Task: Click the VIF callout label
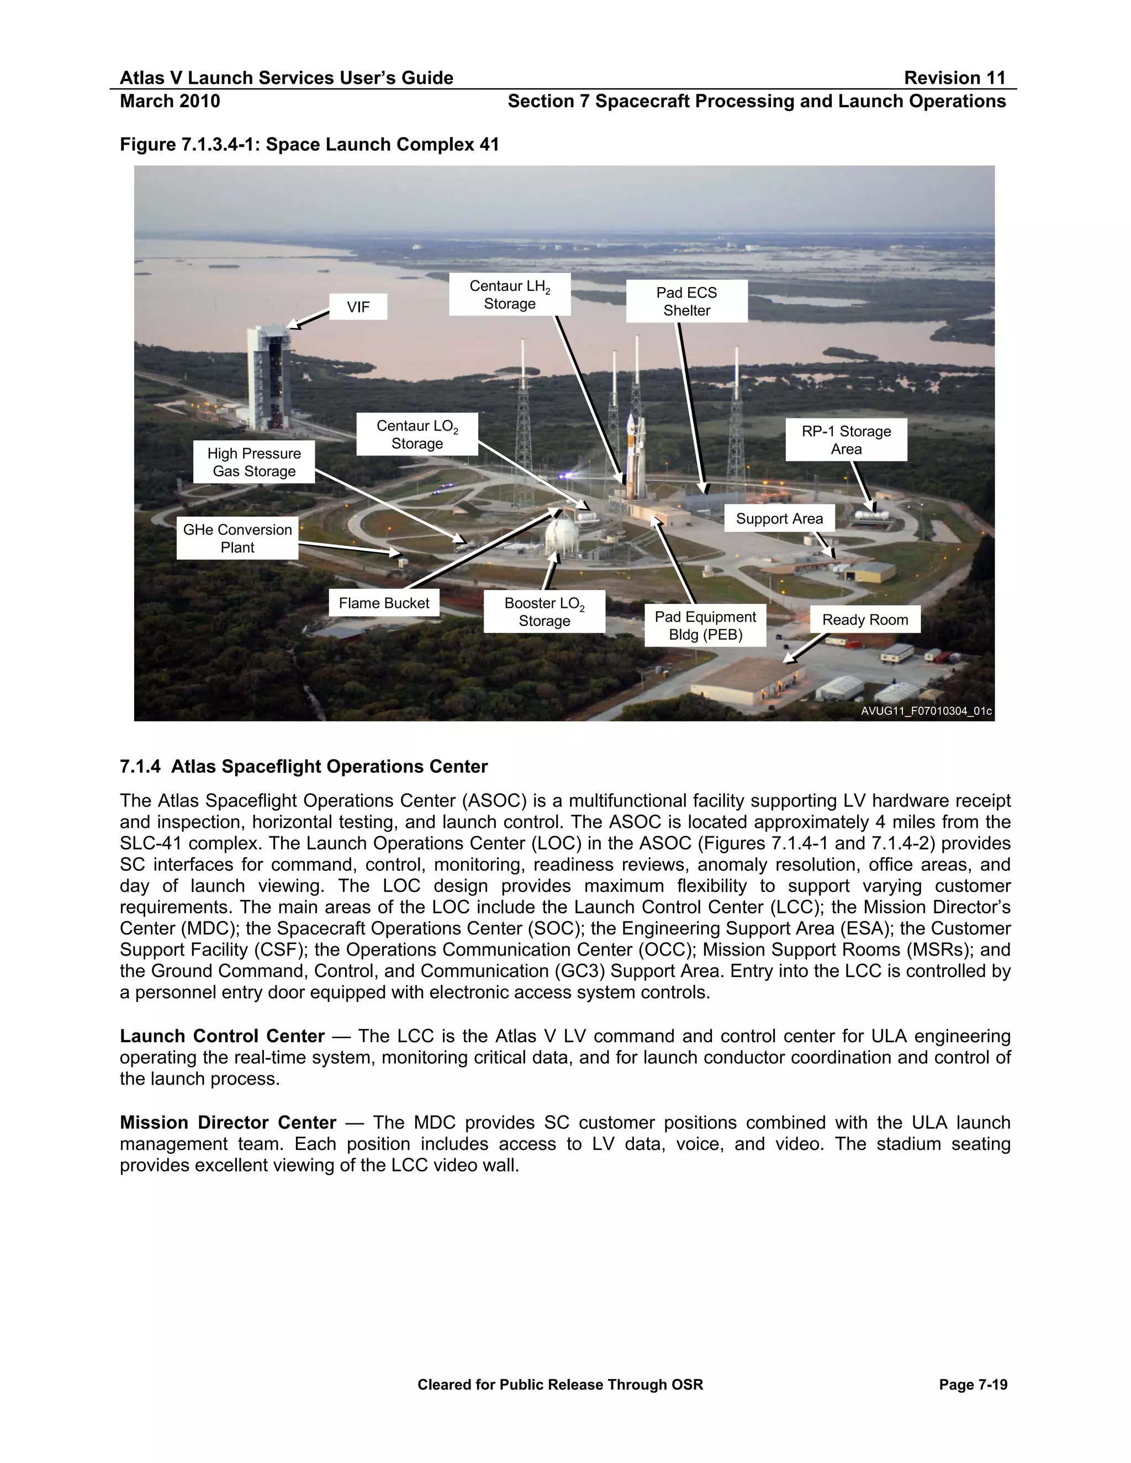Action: pyautogui.click(x=358, y=307)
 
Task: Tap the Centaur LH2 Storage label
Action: pyautogui.click(x=509, y=294)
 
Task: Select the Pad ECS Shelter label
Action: pyautogui.click(x=686, y=301)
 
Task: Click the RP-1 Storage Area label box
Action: pyautogui.click(x=845, y=439)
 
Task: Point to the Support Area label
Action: pyautogui.click(x=779, y=518)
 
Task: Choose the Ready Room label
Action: pyautogui.click(x=864, y=619)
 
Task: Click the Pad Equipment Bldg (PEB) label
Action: pyautogui.click(x=705, y=626)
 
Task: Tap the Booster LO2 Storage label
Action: pyautogui.click(x=544, y=612)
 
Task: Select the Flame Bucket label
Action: pyautogui.click(x=384, y=603)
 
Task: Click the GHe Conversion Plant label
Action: pyautogui.click(x=237, y=538)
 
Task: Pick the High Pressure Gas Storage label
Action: pyautogui.click(x=254, y=462)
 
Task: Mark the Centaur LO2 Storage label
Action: pyautogui.click(x=417, y=434)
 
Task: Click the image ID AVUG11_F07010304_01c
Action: pyautogui.click(x=926, y=711)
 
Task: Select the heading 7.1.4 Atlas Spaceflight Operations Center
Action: pyautogui.click(x=304, y=766)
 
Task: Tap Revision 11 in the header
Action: pyautogui.click(x=954, y=78)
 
